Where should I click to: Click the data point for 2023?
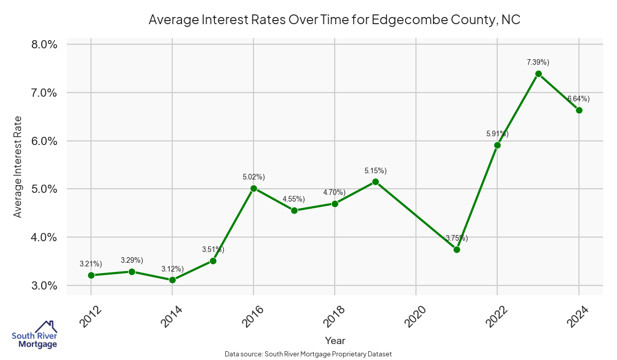(538, 74)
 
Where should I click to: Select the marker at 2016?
(253, 189)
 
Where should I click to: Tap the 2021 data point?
(457, 249)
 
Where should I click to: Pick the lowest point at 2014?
(172, 280)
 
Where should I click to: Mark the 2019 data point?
(375, 182)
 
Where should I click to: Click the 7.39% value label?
(538, 62)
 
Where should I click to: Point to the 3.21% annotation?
(91, 264)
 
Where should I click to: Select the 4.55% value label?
(294, 199)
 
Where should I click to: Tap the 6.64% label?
(578, 99)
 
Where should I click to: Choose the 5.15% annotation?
(375, 170)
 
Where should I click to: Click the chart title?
(335, 20)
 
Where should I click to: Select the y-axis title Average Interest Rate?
(18, 167)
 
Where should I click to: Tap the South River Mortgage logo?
(34, 334)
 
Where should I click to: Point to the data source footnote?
(308, 354)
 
